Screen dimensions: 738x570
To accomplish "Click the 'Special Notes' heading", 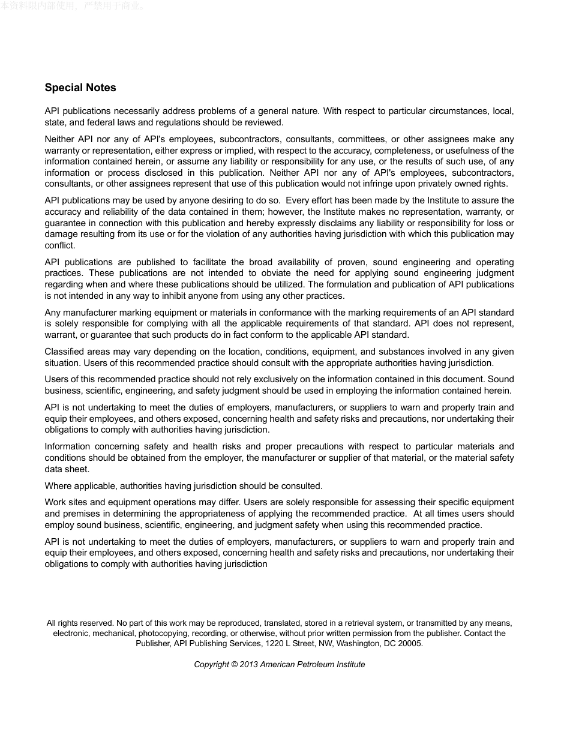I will pos(80,88).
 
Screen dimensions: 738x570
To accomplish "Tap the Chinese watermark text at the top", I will pos(71,6).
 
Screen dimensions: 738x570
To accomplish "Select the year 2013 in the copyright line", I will pos(249,664).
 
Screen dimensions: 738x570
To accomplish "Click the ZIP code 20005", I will pos(410,643).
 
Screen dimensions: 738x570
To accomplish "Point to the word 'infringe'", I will pos(370,184).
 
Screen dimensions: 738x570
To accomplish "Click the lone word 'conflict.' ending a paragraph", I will pos(60,245).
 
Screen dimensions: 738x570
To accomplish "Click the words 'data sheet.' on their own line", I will pos(67,469).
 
